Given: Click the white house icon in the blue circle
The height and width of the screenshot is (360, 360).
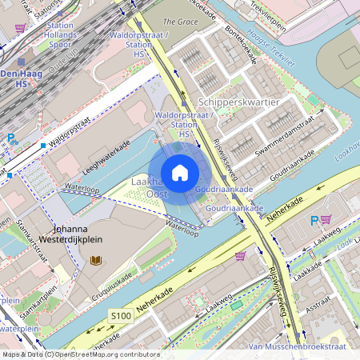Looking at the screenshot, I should [x=180, y=173].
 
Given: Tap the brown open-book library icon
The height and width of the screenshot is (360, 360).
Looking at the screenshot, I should [x=96, y=261].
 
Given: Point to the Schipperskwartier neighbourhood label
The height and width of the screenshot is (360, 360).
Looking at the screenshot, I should [x=238, y=103].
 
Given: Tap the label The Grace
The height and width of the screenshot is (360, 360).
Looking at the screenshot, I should [x=181, y=22].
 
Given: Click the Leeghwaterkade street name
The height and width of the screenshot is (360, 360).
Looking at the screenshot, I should [x=106, y=158].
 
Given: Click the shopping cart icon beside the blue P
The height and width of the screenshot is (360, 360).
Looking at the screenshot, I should [x=326, y=219].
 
